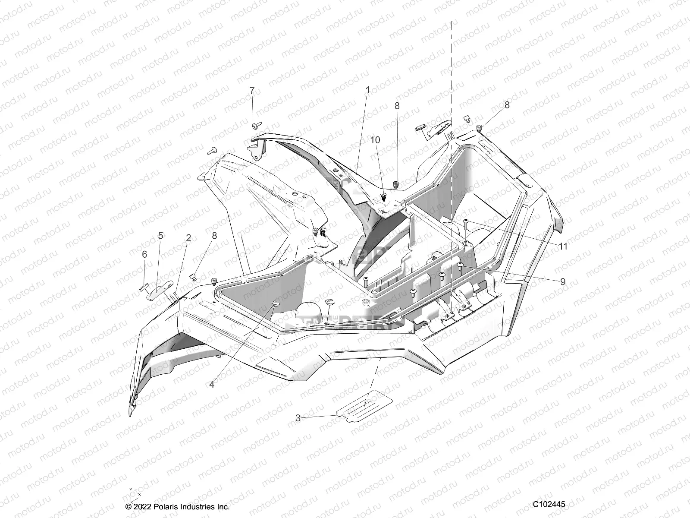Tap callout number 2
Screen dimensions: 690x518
point(188,237)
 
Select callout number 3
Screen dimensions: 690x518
point(298,418)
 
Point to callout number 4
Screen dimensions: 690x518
point(212,385)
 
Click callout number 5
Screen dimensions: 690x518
point(160,235)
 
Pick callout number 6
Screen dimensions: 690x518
point(144,254)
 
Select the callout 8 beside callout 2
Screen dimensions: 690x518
point(214,236)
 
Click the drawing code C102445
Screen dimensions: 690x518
point(549,504)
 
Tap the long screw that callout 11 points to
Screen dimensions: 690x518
point(466,231)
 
